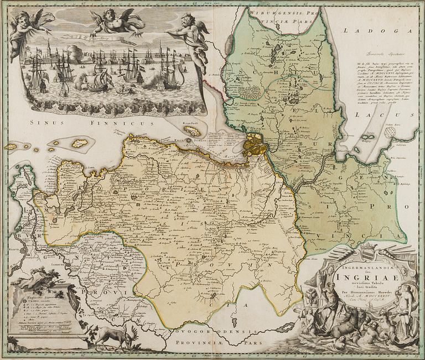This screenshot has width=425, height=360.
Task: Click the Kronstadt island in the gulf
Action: (x=192, y=131)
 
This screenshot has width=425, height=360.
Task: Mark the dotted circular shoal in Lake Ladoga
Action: (x=391, y=132)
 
